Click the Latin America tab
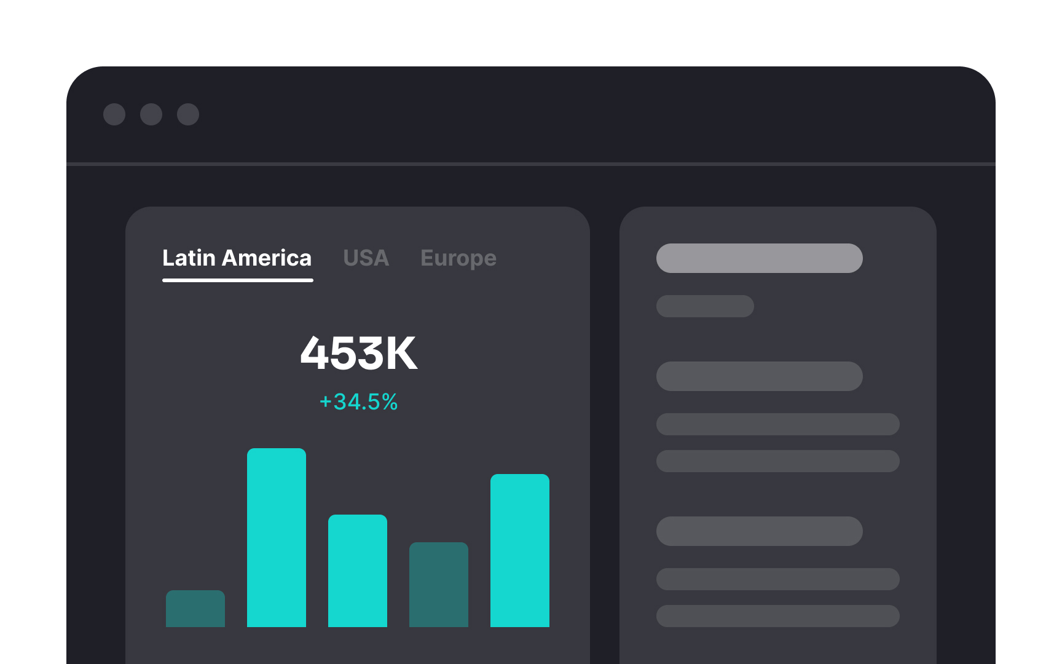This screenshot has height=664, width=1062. (237, 258)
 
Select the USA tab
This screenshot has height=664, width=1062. (366, 258)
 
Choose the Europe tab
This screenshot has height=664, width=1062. (458, 259)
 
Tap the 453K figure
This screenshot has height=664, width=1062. (358, 354)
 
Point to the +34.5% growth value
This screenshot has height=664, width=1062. (358, 402)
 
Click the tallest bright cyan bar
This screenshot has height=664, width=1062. (277, 538)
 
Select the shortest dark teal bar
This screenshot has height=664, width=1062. (195, 609)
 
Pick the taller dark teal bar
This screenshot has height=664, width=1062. (439, 585)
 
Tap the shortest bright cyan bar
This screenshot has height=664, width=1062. (358, 571)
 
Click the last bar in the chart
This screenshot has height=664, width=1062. (520, 550)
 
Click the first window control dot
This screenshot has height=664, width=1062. (114, 114)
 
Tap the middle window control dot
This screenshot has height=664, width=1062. (151, 114)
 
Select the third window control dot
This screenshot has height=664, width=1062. (188, 114)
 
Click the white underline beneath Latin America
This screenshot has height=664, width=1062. (238, 280)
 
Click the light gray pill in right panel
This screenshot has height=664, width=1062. (759, 258)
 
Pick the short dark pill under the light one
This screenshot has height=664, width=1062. (705, 306)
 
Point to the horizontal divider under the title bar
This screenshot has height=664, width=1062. (531, 164)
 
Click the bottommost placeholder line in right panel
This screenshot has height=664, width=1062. (777, 616)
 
